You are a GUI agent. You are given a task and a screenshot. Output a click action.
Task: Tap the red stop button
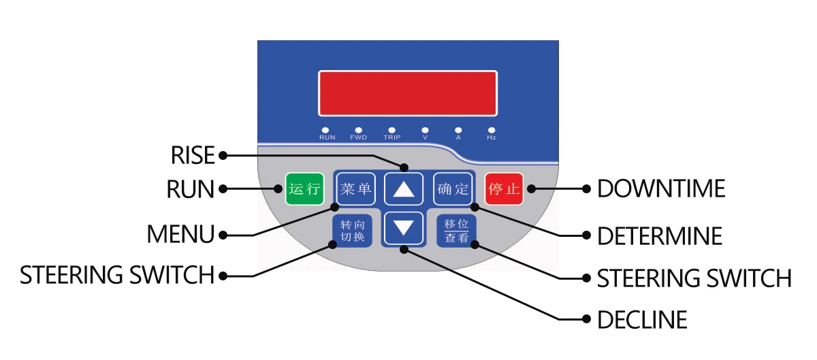coord(504,189)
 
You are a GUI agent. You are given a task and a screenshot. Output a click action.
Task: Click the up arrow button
coord(404,189)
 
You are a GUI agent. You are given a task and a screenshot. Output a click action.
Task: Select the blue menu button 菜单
coord(355,189)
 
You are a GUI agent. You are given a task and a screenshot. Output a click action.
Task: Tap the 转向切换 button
coord(353,231)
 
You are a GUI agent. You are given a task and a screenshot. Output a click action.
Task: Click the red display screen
coord(408,93)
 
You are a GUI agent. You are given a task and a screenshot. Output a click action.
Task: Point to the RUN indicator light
coord(326,129)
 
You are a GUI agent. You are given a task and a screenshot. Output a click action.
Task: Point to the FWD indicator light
coord(359,129)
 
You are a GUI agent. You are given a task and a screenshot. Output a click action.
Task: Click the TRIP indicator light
coord(392,129)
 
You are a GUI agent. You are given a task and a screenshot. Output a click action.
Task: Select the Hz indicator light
coord(492,129)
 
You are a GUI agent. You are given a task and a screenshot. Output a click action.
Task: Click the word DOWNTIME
coord(660,189)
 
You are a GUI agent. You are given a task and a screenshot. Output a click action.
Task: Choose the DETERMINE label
coord(659,236)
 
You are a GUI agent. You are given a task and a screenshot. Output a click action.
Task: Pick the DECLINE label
coord(641,319)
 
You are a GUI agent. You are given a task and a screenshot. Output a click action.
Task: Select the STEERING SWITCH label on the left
coord(117,276)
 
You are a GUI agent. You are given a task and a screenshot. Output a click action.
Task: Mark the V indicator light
coord(426,129)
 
